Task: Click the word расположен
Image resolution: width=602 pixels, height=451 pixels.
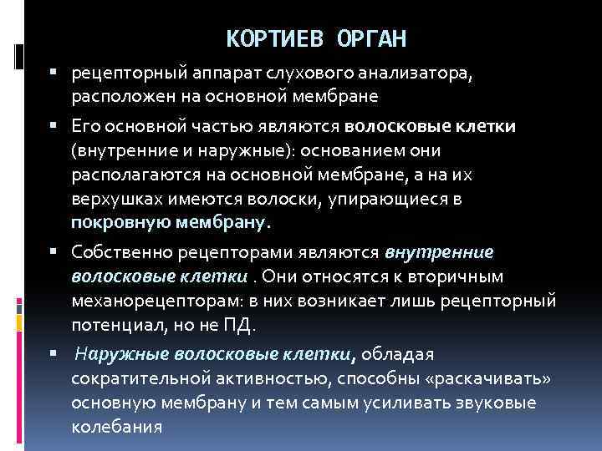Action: [x=121, y=96]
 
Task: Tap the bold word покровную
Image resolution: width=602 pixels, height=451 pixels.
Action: [x=120, y=222]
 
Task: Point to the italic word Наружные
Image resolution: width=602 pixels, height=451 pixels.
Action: [x=114, y=354]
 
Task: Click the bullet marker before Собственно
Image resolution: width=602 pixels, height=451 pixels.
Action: [x=53, y=252]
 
